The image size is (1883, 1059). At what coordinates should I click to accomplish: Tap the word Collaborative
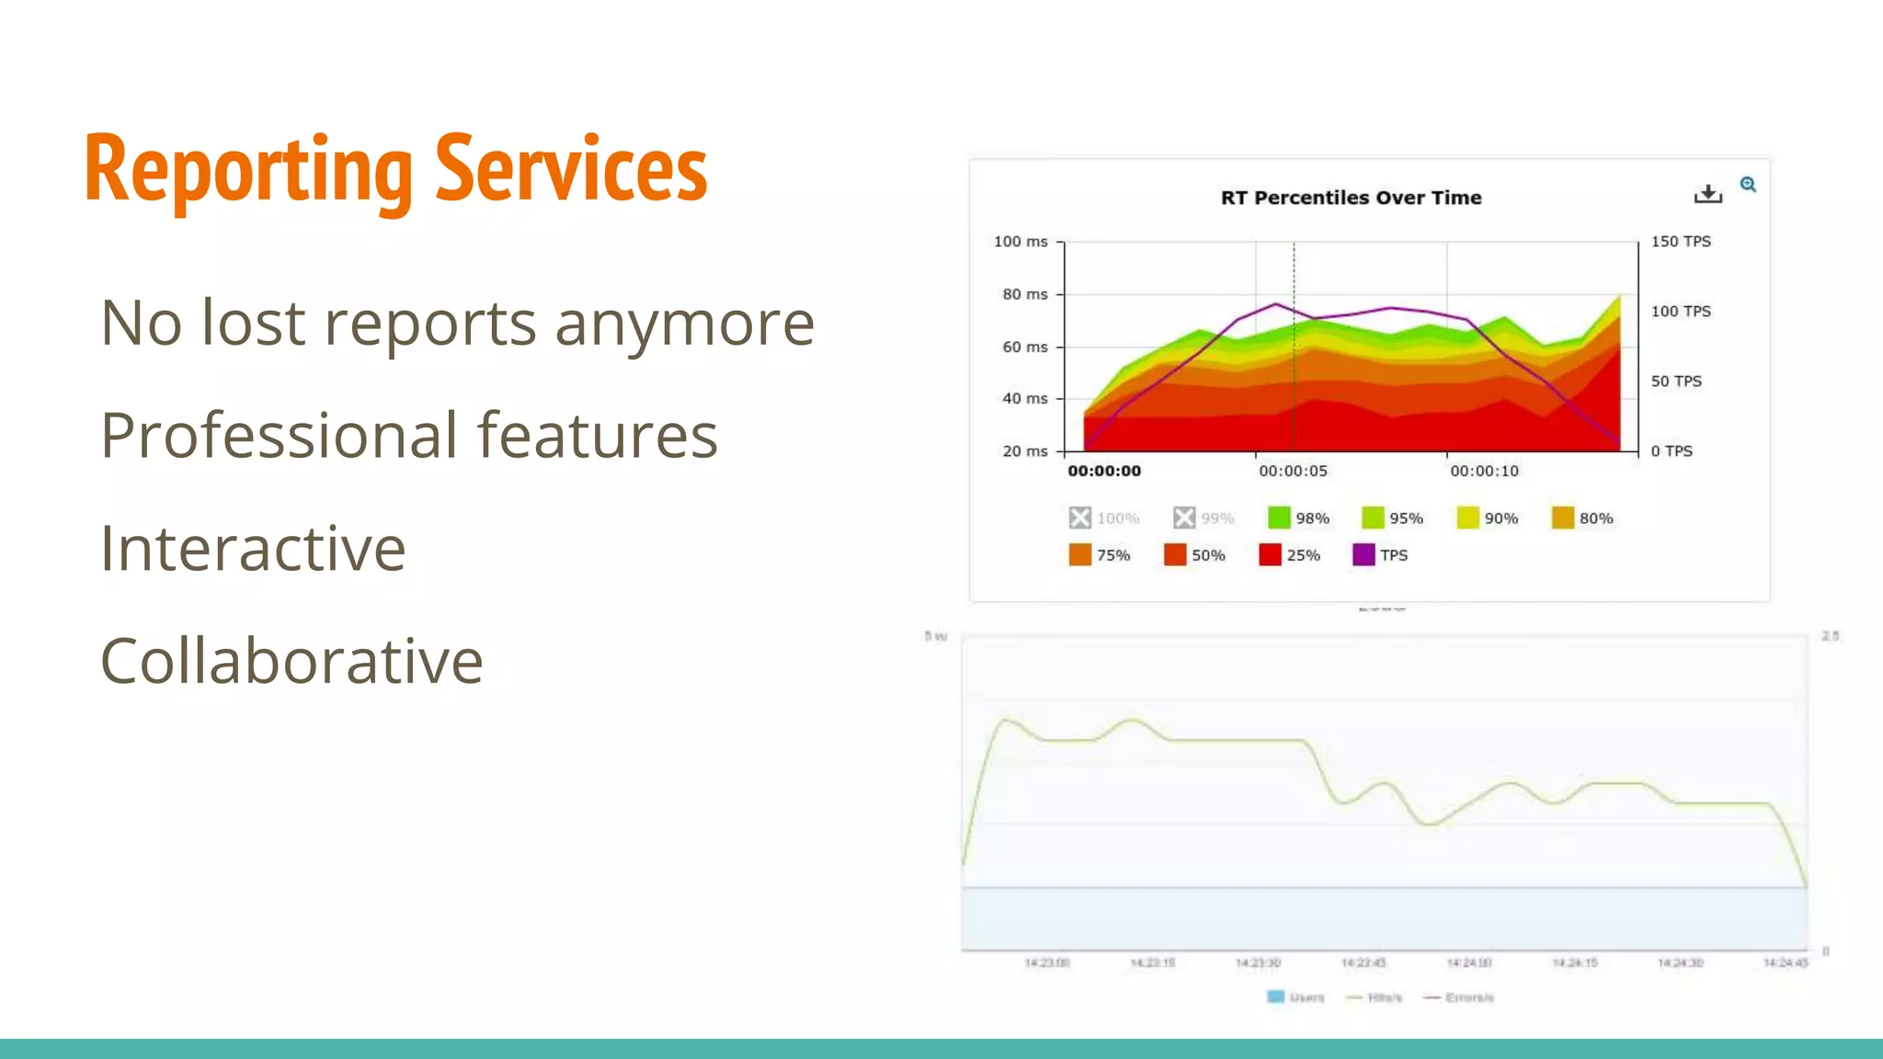point(291,661)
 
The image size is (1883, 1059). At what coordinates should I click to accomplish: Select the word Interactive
point(253,549)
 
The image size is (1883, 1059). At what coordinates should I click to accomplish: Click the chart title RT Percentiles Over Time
point(1351,198)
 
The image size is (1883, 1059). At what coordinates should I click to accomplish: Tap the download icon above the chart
point(1707,194)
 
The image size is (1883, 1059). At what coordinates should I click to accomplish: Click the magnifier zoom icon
point(1748,185)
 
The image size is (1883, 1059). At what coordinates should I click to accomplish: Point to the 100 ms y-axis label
point(1020,242)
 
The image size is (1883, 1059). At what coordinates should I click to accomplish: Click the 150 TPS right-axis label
point(1680,242)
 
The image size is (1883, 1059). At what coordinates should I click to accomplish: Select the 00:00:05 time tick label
point(1293,472)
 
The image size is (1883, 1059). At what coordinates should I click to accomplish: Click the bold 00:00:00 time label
point(1103,472)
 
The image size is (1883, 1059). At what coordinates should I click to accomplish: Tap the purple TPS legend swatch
point(1364,554)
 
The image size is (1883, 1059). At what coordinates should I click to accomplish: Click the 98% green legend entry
point(1298,518)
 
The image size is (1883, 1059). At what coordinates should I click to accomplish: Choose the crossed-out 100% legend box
point(1080,518)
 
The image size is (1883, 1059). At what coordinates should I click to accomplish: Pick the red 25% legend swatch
point(1270,554)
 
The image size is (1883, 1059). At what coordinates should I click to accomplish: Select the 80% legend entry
point(1582,518)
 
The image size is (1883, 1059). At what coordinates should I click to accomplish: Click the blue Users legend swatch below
point(1275,997)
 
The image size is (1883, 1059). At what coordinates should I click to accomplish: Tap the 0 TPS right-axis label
point(1671,451)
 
